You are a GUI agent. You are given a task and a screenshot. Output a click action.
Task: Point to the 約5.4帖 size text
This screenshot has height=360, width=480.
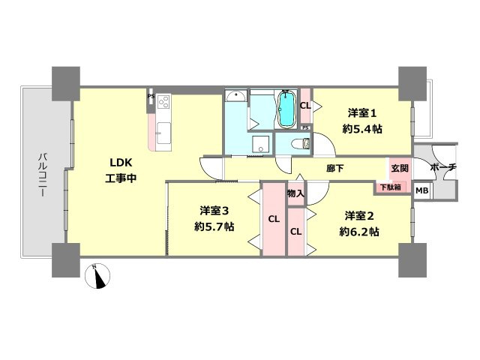(x=361, y=128)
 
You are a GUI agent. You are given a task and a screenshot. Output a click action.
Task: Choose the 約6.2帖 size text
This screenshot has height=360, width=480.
(x=358, y=232)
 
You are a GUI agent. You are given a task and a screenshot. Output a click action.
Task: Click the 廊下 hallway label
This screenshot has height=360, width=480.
(x=335, y=169)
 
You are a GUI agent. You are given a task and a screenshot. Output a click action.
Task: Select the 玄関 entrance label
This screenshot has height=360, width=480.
(x=399, y=168)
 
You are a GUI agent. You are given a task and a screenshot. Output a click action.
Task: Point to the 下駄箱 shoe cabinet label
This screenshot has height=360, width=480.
(x=390, y=187)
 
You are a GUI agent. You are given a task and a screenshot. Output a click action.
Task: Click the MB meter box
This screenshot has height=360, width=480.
(x=422, y=191)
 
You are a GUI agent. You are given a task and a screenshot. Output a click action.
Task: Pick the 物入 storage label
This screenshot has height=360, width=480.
(x=295, y=193)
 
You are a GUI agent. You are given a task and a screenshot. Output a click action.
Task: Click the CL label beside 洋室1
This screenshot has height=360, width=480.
(x=304, y=106)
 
